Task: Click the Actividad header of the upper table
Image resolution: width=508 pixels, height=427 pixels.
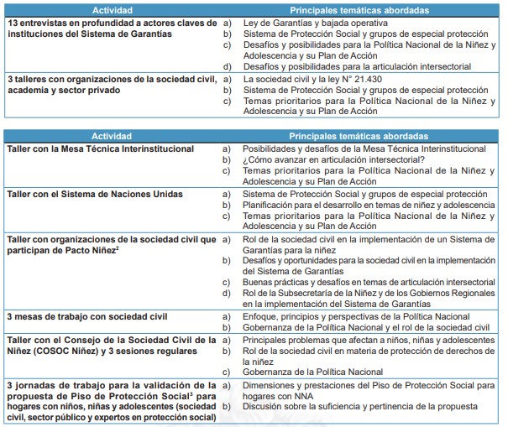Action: [112, 8]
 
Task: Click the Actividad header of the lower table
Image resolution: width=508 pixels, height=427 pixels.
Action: [112, 136]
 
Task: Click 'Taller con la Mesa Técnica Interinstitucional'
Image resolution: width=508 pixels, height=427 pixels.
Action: [100, 148]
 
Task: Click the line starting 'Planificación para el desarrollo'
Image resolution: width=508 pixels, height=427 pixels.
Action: [361, 206]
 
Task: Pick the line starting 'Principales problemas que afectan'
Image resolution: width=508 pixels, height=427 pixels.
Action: [366, 340]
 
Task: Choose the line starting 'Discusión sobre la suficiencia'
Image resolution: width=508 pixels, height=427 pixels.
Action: [357, 406]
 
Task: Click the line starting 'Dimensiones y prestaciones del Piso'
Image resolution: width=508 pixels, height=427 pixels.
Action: [368, 385]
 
